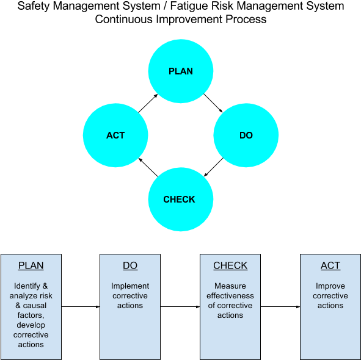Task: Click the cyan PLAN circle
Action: coord(181,71)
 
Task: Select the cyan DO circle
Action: coord(246,135)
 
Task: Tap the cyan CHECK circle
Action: coord(180,200)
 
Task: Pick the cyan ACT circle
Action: coord(115,135)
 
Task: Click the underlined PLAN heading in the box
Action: coord(31,266)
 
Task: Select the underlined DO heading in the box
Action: coord(130,266)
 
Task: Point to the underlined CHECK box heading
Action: coord(230,266)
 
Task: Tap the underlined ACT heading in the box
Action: coord(330,266)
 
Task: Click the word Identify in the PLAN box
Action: coord(27,286)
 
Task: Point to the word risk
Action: coord(46,296)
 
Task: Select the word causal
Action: coord(35,306)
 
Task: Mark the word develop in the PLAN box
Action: coord(31,325)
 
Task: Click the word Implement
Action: coord(130,286)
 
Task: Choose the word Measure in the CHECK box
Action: coord(230,286)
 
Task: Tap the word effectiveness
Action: coord(230,296)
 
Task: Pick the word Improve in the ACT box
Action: coord(330,286)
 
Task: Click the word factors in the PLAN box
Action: coord(30,315)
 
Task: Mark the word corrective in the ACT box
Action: coord(330,296)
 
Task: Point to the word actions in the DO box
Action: coord(130,306)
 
